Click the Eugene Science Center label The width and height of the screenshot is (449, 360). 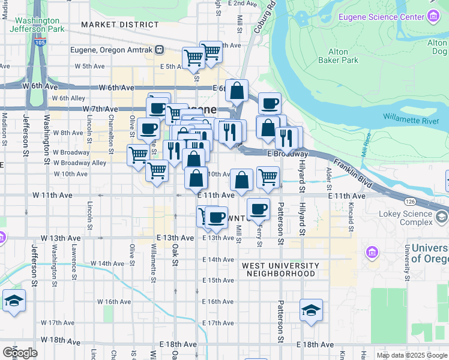[381, 17]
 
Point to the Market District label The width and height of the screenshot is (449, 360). [120, 25]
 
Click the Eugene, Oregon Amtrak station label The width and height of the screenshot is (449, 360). [112, 50]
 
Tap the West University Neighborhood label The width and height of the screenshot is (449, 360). [281, 269]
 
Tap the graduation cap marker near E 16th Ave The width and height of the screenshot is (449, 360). [311, 310]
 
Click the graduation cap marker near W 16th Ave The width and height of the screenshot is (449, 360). [14, 301]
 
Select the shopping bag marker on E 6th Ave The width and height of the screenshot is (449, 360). [237, 91]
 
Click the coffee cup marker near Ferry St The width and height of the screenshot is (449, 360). [258, 209]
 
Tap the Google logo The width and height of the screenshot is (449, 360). [20, 352]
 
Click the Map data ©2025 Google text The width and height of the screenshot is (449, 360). [412, 355]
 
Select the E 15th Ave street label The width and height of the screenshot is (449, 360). [217, 280]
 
